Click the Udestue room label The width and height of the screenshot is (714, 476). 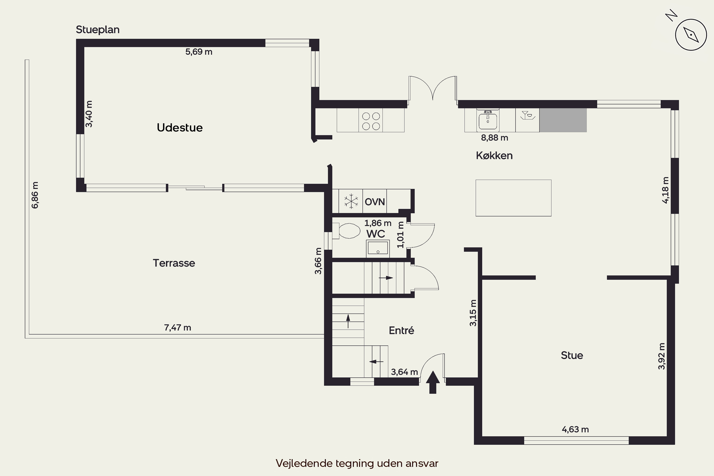point(180,128)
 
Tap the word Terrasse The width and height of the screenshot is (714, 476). point(174,263)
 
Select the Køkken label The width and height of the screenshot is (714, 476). point(494,155)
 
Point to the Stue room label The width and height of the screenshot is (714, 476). point(572,355)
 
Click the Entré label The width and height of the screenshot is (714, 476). point(401,330)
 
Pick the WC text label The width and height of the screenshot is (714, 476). point(376,234)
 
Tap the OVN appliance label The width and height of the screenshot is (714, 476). point(375,202)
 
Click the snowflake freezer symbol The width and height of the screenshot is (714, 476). point(351,201)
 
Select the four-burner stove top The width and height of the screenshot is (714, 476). point(371,121)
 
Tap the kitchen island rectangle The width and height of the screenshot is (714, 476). point(513,198)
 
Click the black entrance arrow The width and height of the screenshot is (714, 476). point(433,382)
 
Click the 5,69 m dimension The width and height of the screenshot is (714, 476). point(199,52)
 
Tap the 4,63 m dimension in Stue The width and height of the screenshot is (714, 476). point(575,430)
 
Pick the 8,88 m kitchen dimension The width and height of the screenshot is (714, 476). point(495,138)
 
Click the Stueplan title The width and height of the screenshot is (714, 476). point(98,30)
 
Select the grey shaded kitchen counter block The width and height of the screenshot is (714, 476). point(563,120)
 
